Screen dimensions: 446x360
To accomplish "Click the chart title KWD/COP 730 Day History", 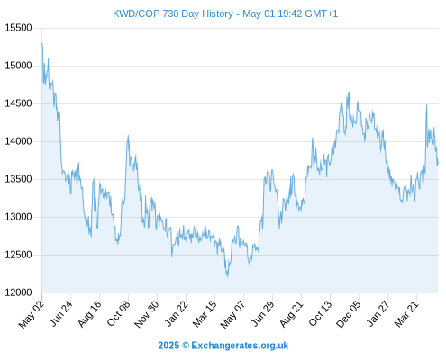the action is tap(173, 13).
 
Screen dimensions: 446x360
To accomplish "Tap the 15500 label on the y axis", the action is tap(19, 28).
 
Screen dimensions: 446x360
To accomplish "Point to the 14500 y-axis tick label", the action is tap(19, 103).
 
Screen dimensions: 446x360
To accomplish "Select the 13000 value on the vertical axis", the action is tap(19, 217).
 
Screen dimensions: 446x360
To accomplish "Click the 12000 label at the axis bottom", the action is tap(19, 292).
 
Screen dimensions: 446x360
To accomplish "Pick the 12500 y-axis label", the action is tap(19, 255).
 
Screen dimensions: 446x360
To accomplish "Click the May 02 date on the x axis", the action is tap(32, 314).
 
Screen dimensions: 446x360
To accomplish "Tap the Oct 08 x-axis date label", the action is tap(119, 313).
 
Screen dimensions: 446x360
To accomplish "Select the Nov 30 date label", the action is tap(146, 314).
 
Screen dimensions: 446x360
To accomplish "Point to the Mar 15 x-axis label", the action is tap(205, 313).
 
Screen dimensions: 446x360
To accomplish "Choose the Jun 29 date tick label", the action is tap(262, 313).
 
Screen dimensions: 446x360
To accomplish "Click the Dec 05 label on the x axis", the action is tap(349, 314).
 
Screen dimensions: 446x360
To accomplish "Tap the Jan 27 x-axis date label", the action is tap(378, 313).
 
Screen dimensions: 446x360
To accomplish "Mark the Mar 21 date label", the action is tap(406, 313).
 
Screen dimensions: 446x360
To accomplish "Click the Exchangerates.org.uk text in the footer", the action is tap(240, 346).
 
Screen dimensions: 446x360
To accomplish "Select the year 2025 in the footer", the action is tap(168, 346).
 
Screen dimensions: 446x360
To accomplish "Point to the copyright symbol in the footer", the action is tap(186, 346).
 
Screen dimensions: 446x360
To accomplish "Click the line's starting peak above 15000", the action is tap(42, 43).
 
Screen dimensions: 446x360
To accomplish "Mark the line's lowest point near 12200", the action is tap(227, 276).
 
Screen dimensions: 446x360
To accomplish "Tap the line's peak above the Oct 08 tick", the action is tap(128, 135).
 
